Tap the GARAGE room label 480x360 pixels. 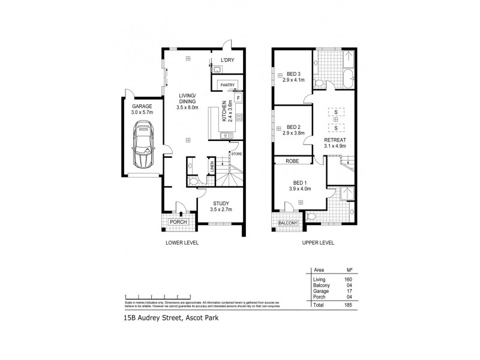click(134, 106)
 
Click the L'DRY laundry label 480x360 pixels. click(227, 60)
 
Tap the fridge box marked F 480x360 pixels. click(238, 98)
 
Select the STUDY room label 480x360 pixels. click(220, 202)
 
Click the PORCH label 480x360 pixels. click(178, 222)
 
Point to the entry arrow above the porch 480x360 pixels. click(181, 212)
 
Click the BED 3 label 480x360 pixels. click(293, 73)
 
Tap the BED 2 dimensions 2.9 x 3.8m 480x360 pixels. click(293, 133)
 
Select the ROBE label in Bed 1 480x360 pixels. click(292, 161)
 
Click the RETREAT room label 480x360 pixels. click(335, 140)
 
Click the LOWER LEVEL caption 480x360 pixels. click(182, 243)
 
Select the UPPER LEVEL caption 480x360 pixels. click(317, 243)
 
